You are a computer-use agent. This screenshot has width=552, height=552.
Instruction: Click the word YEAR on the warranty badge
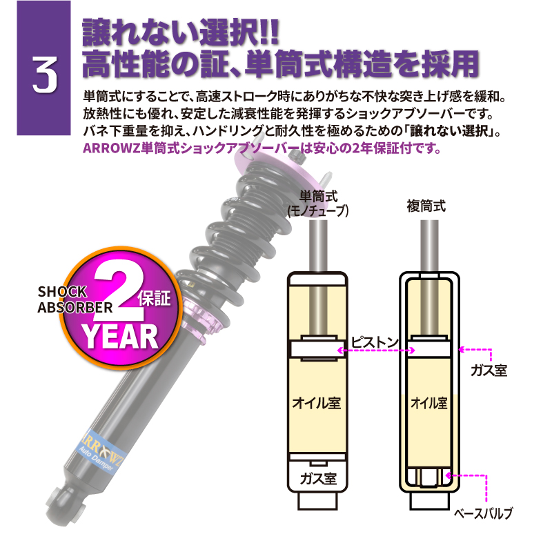(x=122, y=336)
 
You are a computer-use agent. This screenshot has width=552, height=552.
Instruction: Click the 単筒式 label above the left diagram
(x=317, y=197)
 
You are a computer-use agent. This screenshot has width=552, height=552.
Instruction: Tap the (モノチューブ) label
(x=317, y=211)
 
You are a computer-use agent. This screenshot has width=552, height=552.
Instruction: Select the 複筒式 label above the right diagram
(x=427, y=205)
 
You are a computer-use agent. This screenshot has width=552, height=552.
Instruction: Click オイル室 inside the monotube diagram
(x=319, y=402)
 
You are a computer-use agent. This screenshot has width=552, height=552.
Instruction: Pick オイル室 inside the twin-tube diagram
(x=428, y=402)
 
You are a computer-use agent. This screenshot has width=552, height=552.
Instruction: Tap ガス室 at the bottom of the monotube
(x=319, y=477)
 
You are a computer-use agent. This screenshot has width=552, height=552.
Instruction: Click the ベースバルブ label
(x=483, y=515)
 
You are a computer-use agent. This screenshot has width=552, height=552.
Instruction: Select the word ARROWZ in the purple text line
(x=108, y=148)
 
